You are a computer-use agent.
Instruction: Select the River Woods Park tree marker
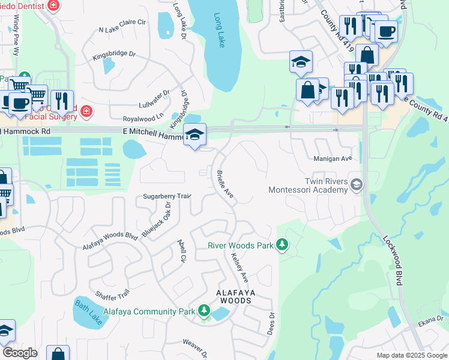pyautogui.click(x=282, y=245)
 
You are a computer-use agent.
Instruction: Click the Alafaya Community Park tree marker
pyautogui.click(x=205, y=311)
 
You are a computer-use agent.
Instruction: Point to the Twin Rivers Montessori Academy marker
pyautogui.click(x=357, y=184)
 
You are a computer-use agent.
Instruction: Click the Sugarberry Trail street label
pyautogui.click(x=166, y=196)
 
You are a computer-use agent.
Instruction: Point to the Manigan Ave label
pyautogui.click(x=333, y=159)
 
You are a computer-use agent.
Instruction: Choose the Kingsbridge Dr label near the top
pyautogui.click(x=114, y=55)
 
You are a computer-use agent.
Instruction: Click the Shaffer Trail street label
pyautogui.click(x=112, y=294)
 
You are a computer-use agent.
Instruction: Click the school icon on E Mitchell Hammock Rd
pyautogui.click(x=194, y=134)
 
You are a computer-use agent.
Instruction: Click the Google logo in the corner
pyautogui.click(x=20, y=352)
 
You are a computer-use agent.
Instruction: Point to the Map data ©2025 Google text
pyautogui.click(x=411, y=355)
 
